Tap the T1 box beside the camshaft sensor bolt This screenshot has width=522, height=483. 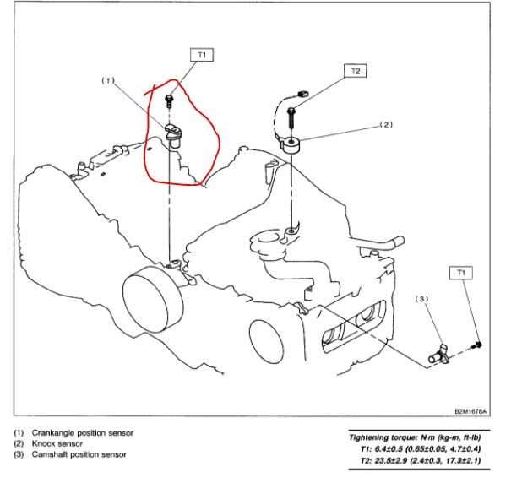(x=462, y=273)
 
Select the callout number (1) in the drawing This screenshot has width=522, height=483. (x=107, y=81)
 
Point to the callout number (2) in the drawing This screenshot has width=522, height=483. (x=388, y=125)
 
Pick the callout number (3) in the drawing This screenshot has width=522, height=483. (x=422, y=300)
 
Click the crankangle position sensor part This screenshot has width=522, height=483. (x=175, y=133)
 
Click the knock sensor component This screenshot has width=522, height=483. (x=291, y=144)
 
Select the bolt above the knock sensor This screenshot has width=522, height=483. (x=292, y=112)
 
